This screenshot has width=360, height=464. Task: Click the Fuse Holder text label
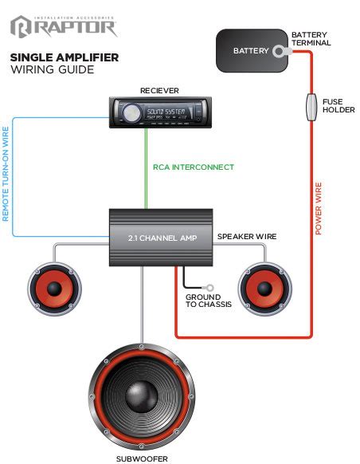pos(338,106)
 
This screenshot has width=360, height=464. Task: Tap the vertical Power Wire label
pos(319,206)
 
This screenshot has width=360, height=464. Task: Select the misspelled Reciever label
pos(160,91)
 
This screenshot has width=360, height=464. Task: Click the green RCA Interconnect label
pos(194,167)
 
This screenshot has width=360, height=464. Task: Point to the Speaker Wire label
pos(246,237)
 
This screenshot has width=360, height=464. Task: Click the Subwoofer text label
pos(141,458)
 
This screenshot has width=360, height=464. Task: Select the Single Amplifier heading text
pos(64,57)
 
